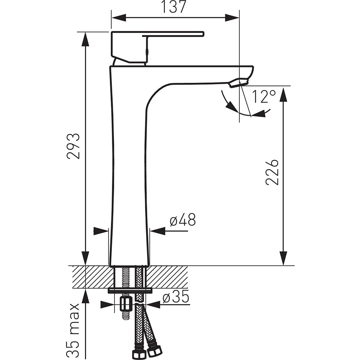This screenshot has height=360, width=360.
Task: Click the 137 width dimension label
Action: tap(174, 7)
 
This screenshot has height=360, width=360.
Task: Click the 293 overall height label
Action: tap(73, 146)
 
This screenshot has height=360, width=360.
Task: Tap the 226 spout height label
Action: tap(272, 172)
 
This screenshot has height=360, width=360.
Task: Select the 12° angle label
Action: tap(264, 96)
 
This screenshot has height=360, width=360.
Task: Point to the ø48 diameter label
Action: tap(183, 220)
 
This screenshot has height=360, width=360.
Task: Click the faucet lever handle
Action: tap(158, 47)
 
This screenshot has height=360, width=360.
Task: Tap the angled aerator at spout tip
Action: tap(239, 83)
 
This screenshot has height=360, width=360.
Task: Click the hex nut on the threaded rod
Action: tap(126, 305)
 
